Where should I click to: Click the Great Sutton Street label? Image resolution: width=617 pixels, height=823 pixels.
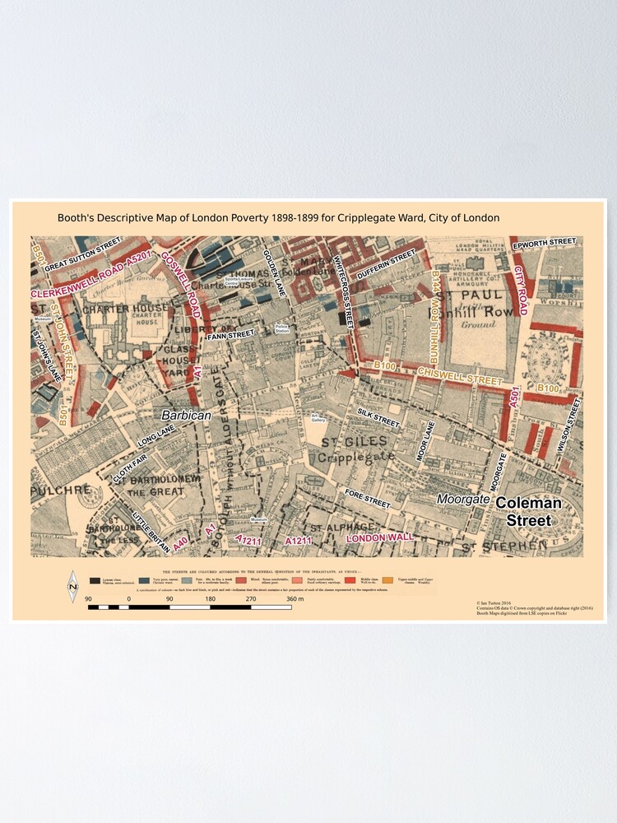tap(83, 257)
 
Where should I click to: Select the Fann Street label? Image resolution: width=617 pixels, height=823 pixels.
tap(230, 335)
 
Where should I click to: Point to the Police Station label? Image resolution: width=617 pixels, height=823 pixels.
tap(282, 329)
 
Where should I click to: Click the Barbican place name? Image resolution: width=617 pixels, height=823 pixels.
tap(186, 416)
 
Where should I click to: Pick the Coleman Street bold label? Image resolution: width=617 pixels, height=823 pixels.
tap(528, 511)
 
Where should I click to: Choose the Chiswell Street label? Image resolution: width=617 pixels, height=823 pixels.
tap(459, 377)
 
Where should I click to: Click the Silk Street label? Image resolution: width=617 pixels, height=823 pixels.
tap(378, 417)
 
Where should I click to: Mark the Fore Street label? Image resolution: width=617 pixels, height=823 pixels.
tap(367, 500)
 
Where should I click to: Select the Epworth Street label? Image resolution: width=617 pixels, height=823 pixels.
tap(543, 244)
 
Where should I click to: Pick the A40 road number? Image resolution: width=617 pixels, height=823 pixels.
tap(180, 544)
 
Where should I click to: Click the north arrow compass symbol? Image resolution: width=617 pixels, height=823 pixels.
tap(72, 586)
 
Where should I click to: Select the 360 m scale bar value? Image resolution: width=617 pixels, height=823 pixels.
tap(295, 599)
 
